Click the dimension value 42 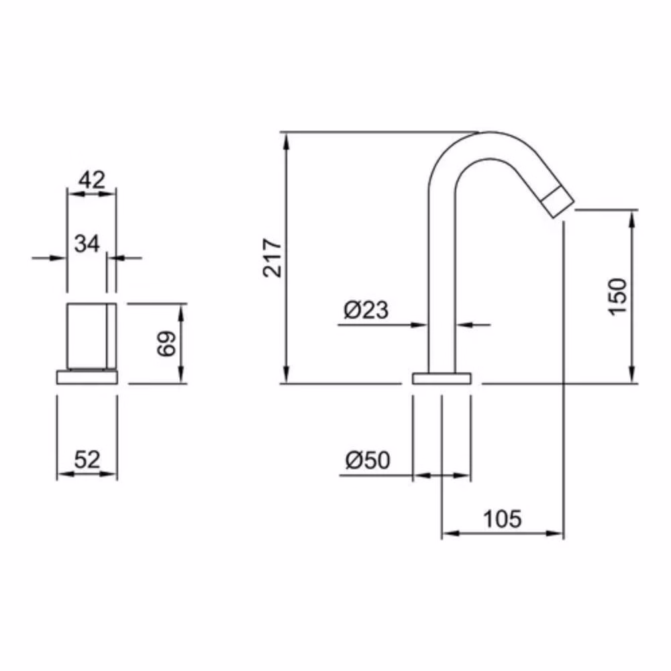pyautogui.click(x=91, y=180)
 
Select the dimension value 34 pyautogui.click(x=87, y=244)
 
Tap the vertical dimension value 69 pyautogui.click(x=166, y=344)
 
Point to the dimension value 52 pyautogui.click(x=87, y=460)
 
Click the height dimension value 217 pyautogui.click(x=272, y=258)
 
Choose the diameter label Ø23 pyautogui.click(x=366, y=310)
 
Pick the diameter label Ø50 pyautogui.click(x=368, y=461)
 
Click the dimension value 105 pyautogui.click(x=503, y=519)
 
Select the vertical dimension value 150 pyautogui.click(x=617, y=297)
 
